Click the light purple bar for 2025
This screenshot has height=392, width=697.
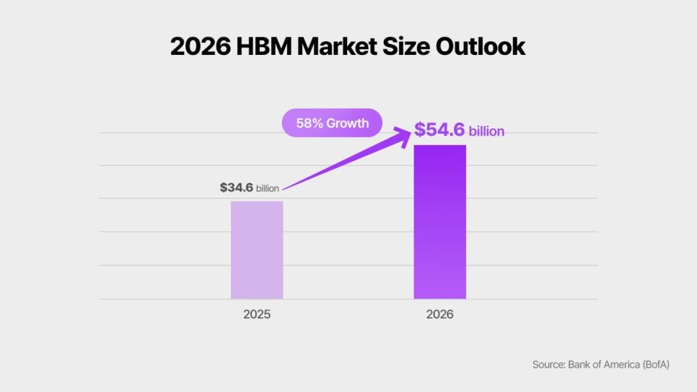tap(257, 250)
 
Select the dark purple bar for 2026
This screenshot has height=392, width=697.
tap(439, 222)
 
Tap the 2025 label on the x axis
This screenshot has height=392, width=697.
tap(257, 315)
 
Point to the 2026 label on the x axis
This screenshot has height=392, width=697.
tap(439, 315)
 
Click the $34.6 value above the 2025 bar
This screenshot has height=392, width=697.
tap(237, 188)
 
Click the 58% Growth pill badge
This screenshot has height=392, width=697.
tap(332, 123)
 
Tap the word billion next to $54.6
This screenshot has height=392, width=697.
tap(486, 132)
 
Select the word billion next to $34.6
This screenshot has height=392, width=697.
tap(268, 188)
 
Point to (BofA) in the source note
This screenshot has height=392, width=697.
tap(652, 365)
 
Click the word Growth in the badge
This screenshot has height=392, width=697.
tap(348, 123)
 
